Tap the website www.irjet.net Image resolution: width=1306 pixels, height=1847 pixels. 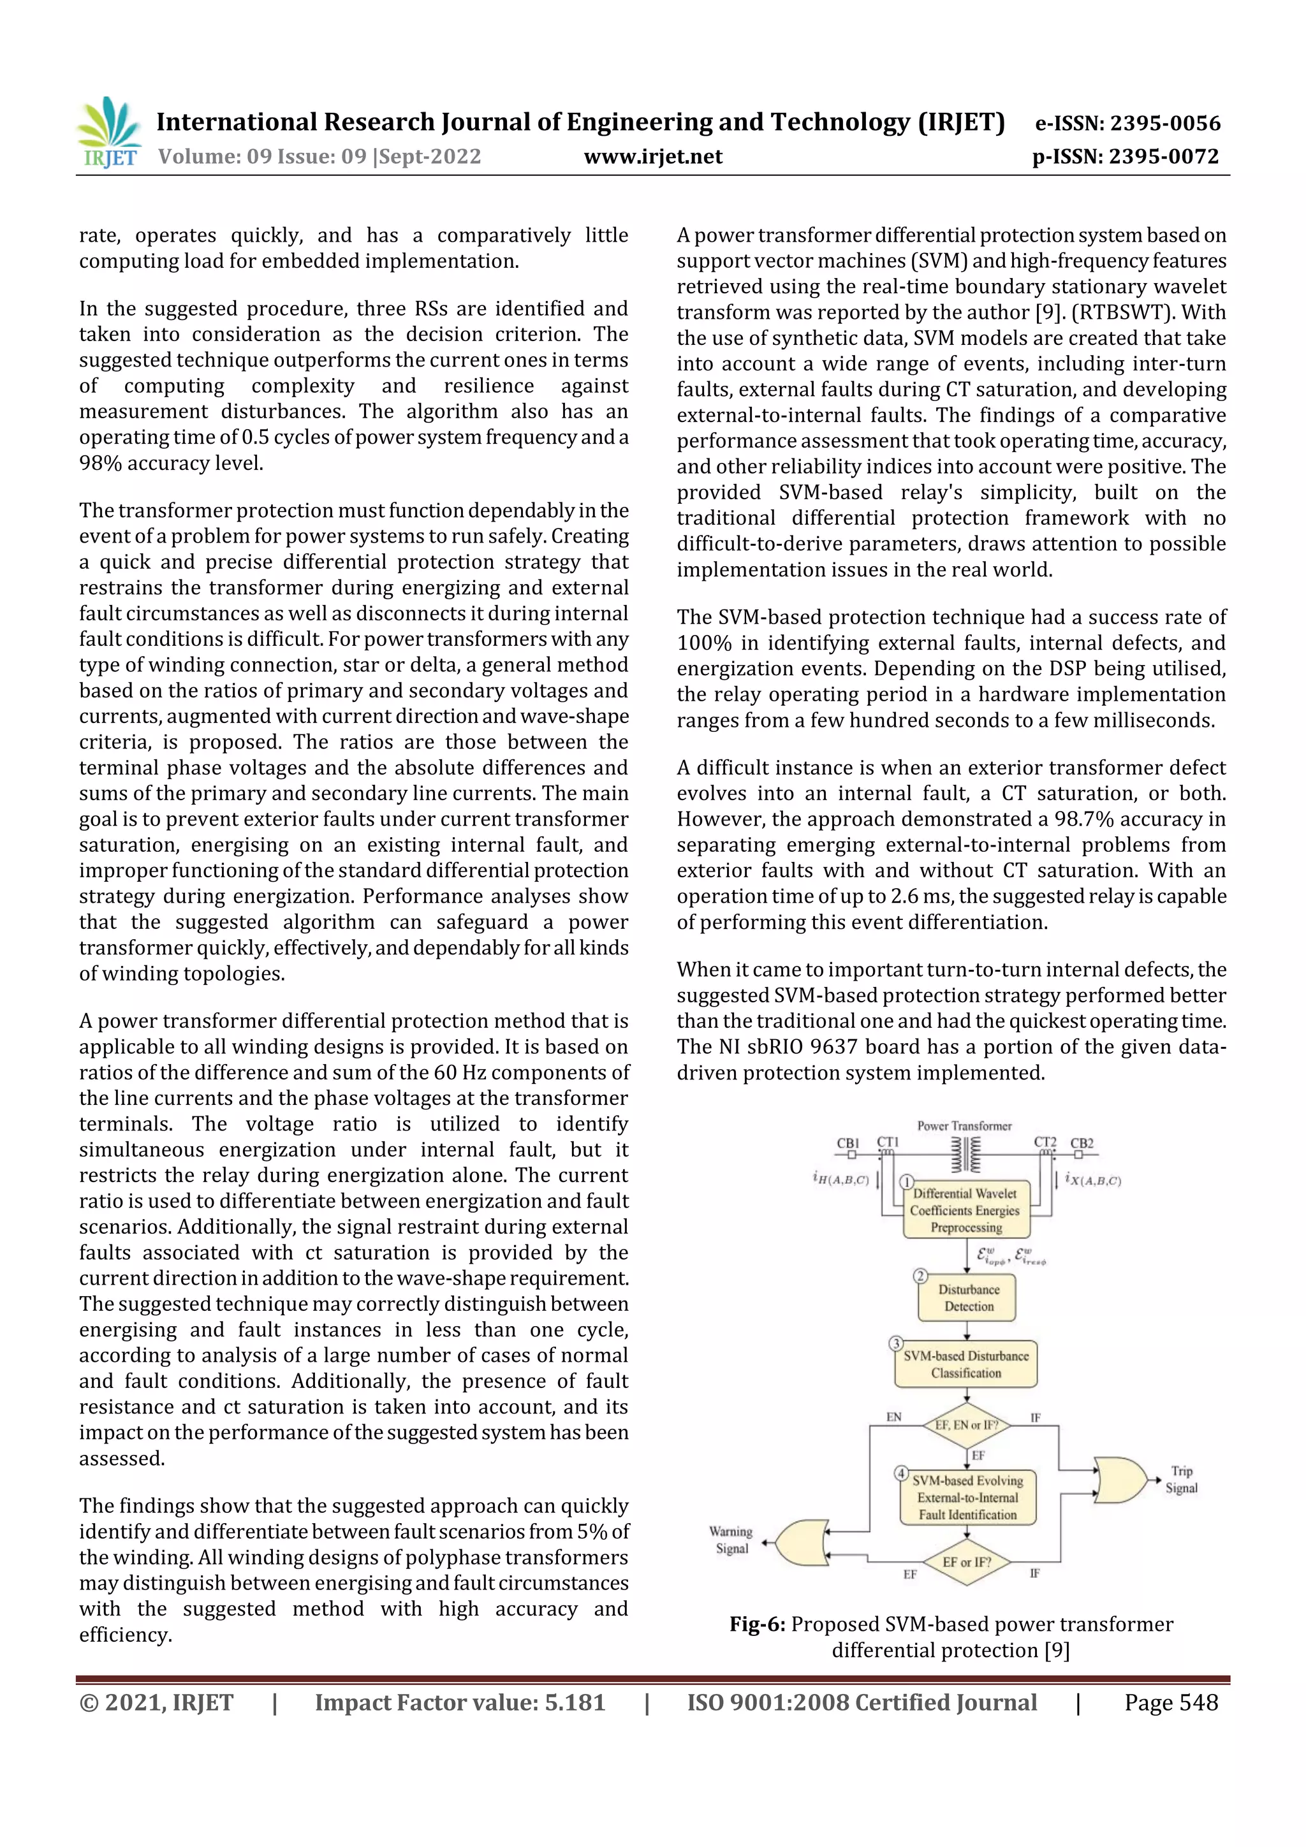[x=652, y=156]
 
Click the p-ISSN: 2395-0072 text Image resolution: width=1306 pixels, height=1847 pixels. [x=1125, y=156]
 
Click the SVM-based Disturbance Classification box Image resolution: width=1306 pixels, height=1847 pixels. [x=965, y=1364]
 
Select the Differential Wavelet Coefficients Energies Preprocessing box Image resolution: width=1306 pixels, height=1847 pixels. [x=965, y=1210]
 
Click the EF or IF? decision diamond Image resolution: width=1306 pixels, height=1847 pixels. [x=965, y=1562]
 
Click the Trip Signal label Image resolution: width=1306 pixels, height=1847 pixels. [x=1180, y=1478]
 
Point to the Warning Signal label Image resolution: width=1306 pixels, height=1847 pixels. [x=731, y=1540]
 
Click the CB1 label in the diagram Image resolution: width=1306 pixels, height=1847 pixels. [x=848, y=1143]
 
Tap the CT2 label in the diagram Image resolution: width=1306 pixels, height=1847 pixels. [x=1045, y=1143]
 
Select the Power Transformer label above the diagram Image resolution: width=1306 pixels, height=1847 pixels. [x=964, y=1125]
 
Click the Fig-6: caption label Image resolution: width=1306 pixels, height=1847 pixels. [x=756, y=1624]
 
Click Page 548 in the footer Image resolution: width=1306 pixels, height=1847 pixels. [x=1171, y=1702]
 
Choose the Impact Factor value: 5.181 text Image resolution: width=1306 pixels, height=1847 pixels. [x=460, y=1702]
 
